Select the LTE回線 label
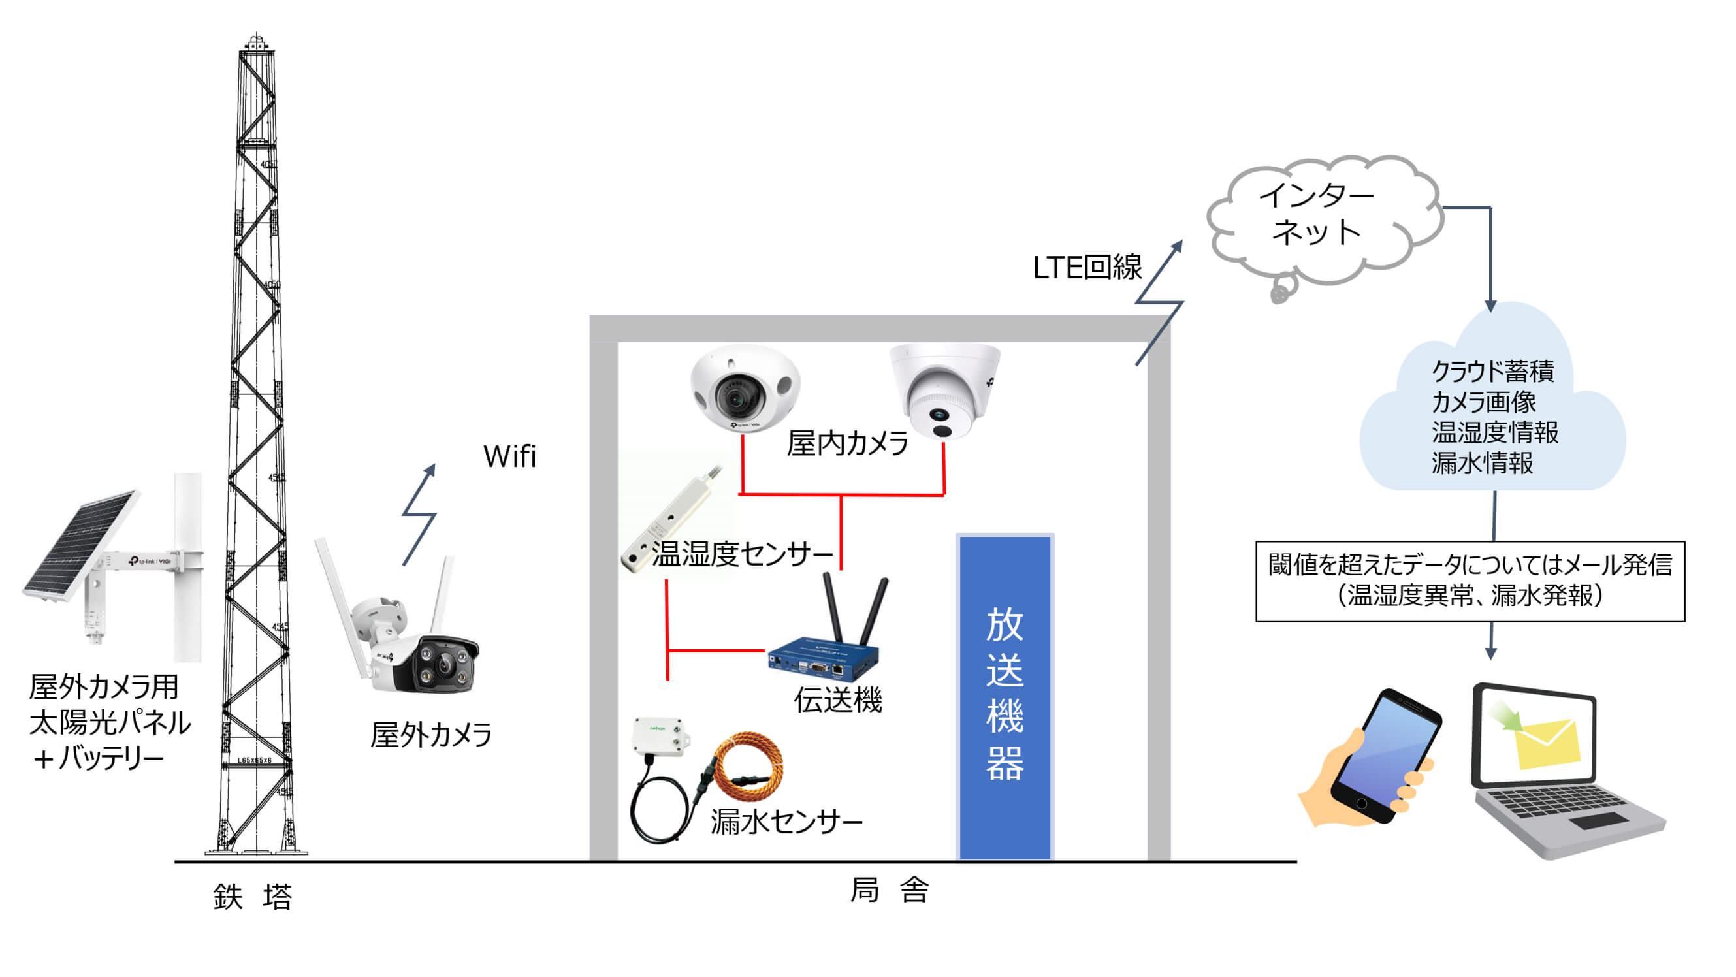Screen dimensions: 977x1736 [1086, 268]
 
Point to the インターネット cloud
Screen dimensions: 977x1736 [1317, 216]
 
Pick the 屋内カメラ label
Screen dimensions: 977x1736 [847, 443]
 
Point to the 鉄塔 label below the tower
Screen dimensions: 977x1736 [253, 897]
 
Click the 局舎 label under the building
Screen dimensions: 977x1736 [890, 890]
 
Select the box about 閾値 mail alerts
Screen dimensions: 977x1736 [1469, 580]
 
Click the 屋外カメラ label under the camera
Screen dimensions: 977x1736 [431, 735]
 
